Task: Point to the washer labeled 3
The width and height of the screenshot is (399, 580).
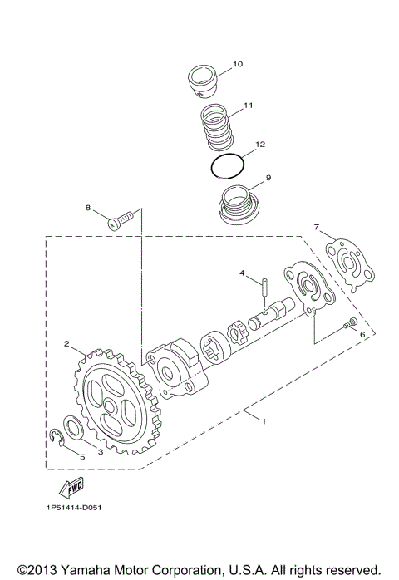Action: click(x=73, y=428)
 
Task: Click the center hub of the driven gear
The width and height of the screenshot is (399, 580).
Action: click(x=111, y=406)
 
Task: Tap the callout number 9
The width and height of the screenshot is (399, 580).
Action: click(x=268, y=178)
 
